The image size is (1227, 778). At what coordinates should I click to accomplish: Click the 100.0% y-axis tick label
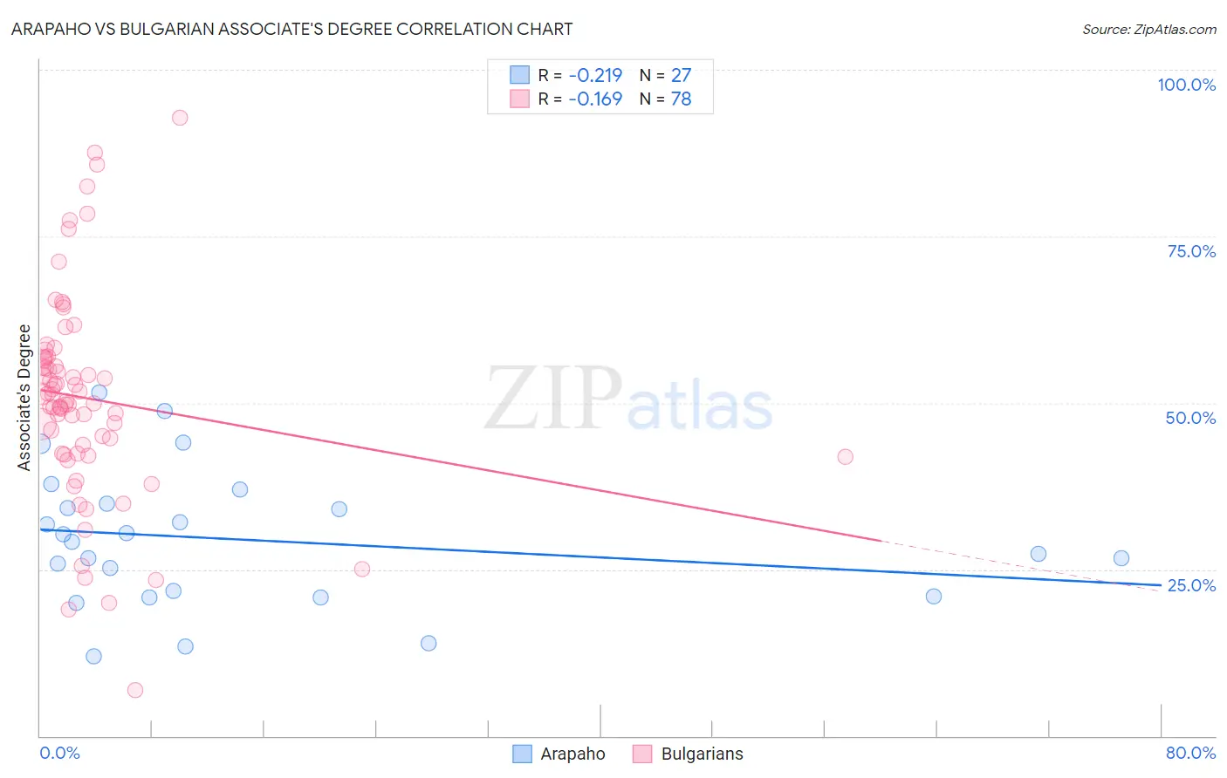(1186, 85)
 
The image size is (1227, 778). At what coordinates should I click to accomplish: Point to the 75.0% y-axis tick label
(1191, 251)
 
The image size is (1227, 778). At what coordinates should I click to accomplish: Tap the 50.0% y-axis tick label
(1190, 418)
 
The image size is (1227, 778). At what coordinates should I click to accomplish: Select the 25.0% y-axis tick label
(1191, 585)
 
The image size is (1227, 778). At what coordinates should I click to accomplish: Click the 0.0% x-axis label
(59, 753)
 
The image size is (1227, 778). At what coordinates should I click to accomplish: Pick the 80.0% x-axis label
(1190, 753)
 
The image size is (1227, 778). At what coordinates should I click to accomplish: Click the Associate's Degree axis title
(24, 397)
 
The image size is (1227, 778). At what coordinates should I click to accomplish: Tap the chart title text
(292, 29)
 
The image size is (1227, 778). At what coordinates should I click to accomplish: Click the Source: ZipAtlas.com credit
(1148, 30)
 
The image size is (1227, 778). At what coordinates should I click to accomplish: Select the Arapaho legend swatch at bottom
(522, 754)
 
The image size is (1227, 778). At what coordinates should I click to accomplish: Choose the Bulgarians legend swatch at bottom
(642, 754)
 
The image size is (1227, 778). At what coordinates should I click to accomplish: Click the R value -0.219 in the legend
(595, 75)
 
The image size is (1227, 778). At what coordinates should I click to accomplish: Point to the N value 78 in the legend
(681, 99)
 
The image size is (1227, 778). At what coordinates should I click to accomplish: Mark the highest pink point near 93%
(180, 118)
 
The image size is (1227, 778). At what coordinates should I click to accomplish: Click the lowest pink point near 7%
(135, 690)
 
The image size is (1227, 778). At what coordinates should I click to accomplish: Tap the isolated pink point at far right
(845, 457)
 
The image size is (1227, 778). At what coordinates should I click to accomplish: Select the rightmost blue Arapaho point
(1121, 558)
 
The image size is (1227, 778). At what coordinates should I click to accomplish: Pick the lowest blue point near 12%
(93, 656)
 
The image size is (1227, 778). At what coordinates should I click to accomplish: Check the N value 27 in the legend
(681, 75)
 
